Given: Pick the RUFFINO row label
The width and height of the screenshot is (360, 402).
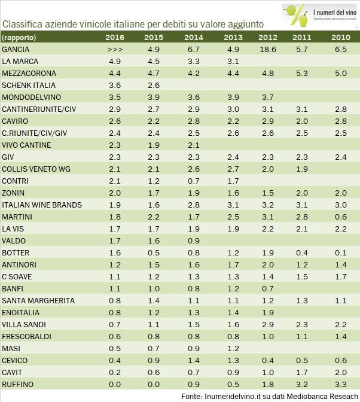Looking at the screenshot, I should (x=18, y=384).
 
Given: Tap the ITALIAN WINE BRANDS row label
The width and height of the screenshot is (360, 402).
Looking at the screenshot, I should (x=42, y=205).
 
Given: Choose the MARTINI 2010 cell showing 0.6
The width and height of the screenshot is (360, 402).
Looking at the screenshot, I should (x=340, y=217).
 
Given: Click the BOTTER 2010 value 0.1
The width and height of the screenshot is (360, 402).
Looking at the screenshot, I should (x=340, y=252).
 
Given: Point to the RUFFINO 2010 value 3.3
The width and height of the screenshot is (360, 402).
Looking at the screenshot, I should (x=340, y=384).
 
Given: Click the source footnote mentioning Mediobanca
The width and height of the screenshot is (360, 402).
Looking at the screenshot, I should (x=269, y=396).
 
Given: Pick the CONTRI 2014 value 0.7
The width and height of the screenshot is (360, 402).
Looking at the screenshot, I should (x=193, y=181).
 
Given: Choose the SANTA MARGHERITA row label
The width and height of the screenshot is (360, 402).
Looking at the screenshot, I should (x=38, y=300).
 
